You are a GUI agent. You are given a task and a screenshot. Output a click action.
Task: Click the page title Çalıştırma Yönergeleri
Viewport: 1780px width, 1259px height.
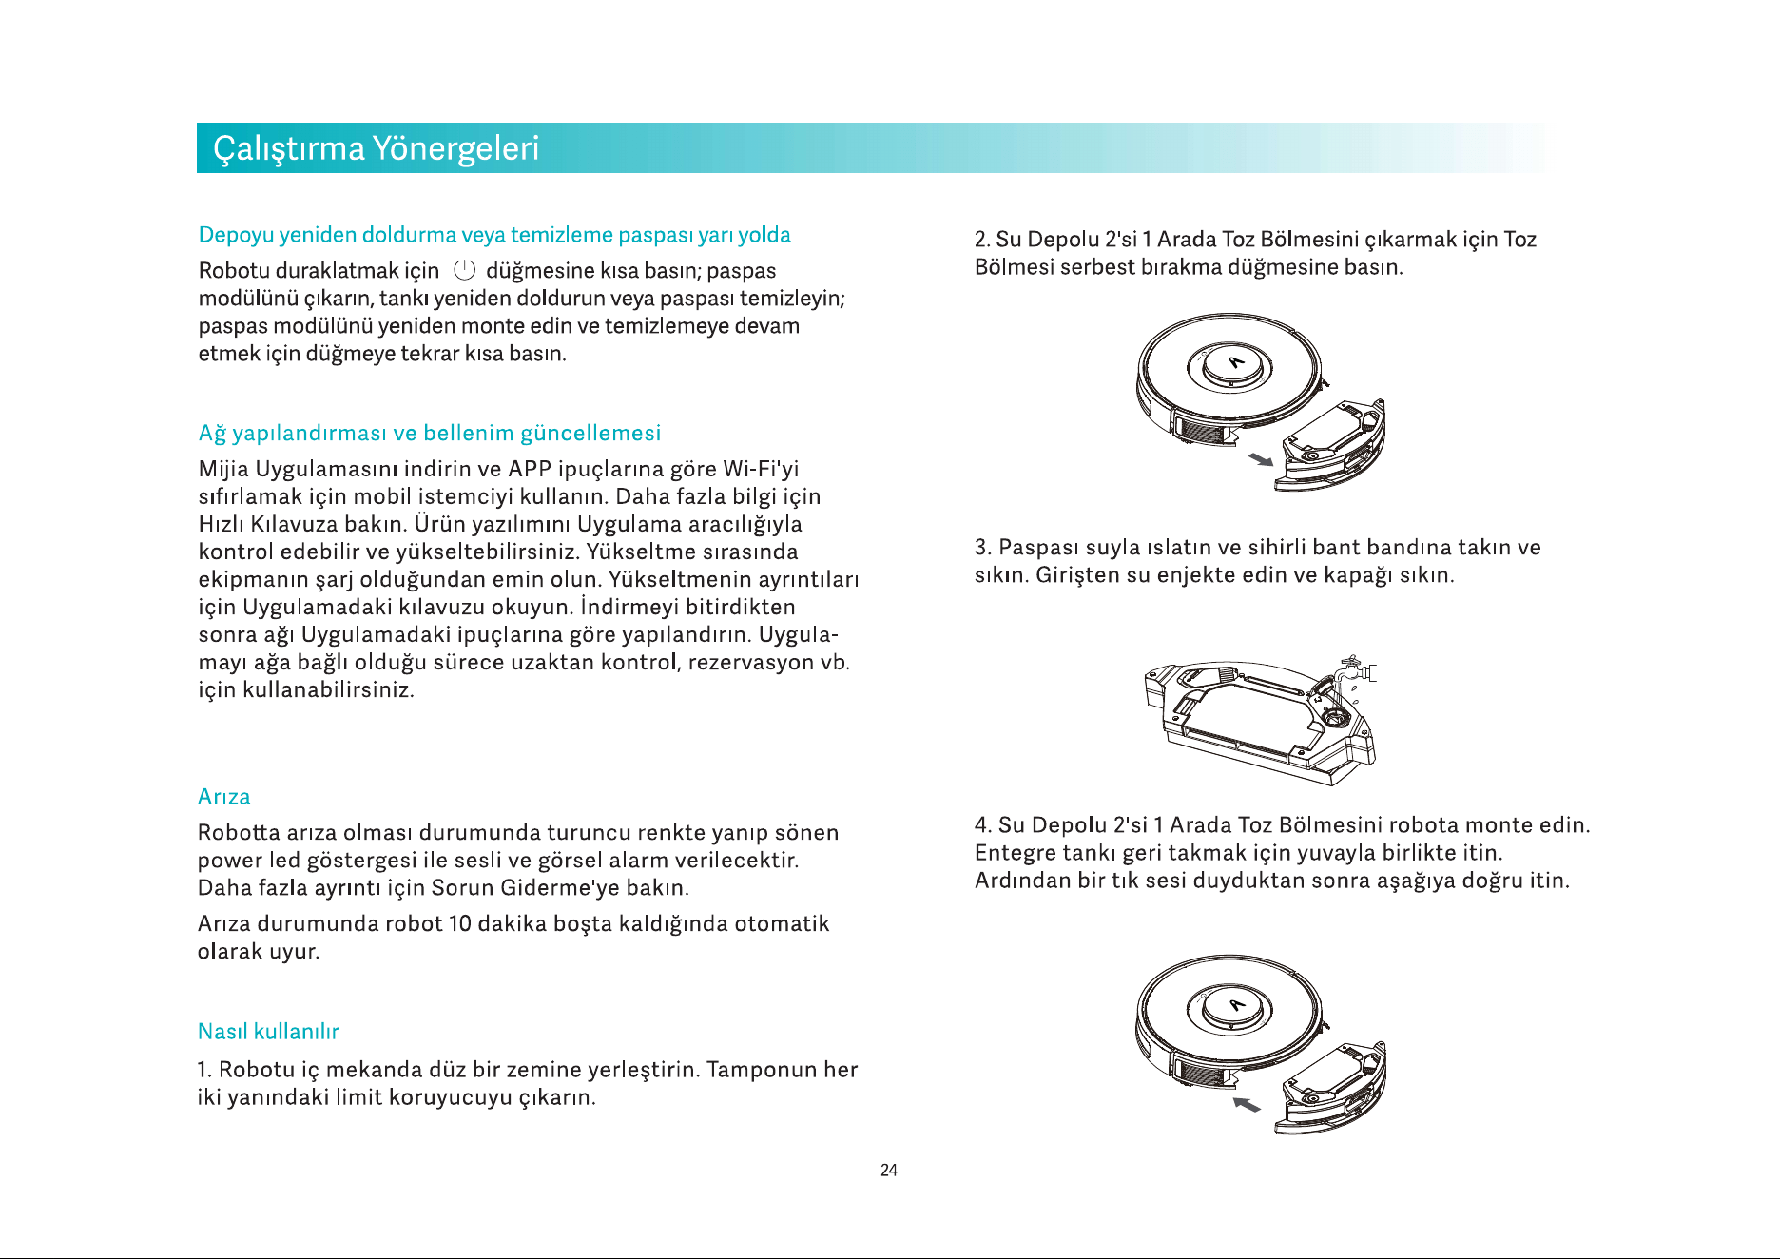point(376,149)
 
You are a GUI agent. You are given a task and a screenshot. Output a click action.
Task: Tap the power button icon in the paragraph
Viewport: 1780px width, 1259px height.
point(464,270)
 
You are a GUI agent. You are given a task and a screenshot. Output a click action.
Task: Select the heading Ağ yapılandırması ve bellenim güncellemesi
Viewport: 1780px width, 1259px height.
point(430,434)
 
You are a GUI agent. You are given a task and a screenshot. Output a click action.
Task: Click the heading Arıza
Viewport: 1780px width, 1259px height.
point(224,797)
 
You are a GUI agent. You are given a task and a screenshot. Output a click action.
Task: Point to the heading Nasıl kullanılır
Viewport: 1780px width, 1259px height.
point(268,1032)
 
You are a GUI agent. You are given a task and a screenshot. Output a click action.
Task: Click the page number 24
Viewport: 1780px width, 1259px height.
point(889,1171)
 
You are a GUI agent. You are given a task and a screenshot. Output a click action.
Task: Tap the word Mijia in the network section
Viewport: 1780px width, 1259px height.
point(224,470)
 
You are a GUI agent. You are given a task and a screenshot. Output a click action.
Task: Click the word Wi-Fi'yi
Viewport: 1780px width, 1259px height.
point(761,470)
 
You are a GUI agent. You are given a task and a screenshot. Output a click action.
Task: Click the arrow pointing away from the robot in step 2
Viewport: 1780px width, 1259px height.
point(1260,460)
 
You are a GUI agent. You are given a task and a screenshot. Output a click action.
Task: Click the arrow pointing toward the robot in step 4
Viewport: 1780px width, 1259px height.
point(1247,1104)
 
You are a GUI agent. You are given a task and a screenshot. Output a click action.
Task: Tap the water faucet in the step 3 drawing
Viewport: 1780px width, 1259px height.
point(1355,669)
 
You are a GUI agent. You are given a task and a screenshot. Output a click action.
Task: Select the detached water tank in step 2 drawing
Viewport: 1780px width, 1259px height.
point(1330,445)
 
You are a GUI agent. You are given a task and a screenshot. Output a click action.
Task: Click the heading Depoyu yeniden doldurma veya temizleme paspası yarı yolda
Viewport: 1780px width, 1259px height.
point(494,236)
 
